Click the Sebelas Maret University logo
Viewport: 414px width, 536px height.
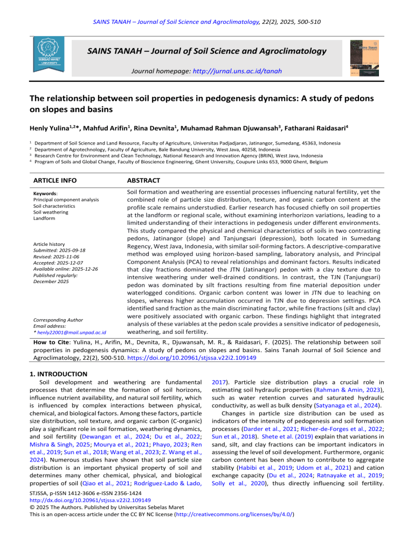click(x=48, y=54)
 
